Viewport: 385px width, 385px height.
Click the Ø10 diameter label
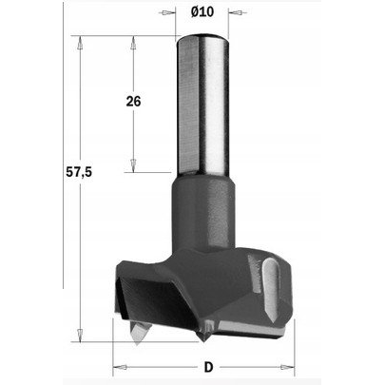click(202, 12)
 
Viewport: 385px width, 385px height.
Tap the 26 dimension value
click(133, 102)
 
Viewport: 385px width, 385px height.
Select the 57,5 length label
click(79, 172)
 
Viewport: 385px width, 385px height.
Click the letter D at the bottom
click(208, 367)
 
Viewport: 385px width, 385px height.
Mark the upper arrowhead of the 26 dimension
click(133, 43)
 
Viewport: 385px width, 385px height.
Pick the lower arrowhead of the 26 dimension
click(133, 165)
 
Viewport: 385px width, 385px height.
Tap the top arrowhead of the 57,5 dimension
click(80, 43)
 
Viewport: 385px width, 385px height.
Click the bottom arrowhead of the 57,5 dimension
click(80, 335)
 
